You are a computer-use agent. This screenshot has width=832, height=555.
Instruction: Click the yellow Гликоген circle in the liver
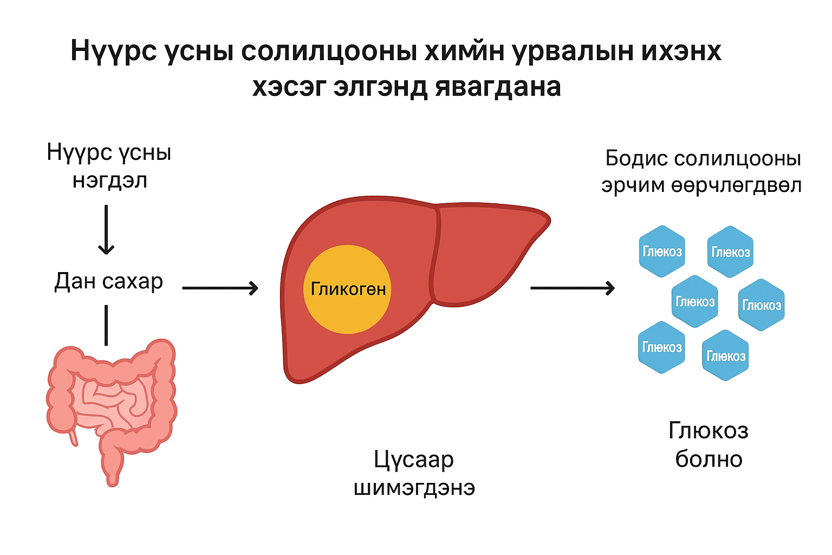click(x=347, y=289)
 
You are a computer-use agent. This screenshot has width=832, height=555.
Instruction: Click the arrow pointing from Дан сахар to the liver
click(x=220, y=288)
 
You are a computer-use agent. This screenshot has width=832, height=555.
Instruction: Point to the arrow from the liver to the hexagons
click(x=572, y=288)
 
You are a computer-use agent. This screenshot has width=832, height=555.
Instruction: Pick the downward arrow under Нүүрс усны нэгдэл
click(x=106, y=229)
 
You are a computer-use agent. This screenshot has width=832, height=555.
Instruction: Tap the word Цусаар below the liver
click(x=414, y=460)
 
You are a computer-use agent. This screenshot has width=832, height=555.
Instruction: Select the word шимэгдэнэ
click(x=414, y=488)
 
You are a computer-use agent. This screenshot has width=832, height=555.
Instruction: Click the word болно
click(x=708, y=459)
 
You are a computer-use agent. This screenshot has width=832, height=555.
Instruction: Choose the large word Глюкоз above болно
click(x=708, y=431)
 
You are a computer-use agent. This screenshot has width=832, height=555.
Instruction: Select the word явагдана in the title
click(x=498, y=87)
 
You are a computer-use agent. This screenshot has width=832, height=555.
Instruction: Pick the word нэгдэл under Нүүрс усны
click(x=110, y=180)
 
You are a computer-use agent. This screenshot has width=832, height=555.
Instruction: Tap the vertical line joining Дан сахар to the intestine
click(x=106, y=325)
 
